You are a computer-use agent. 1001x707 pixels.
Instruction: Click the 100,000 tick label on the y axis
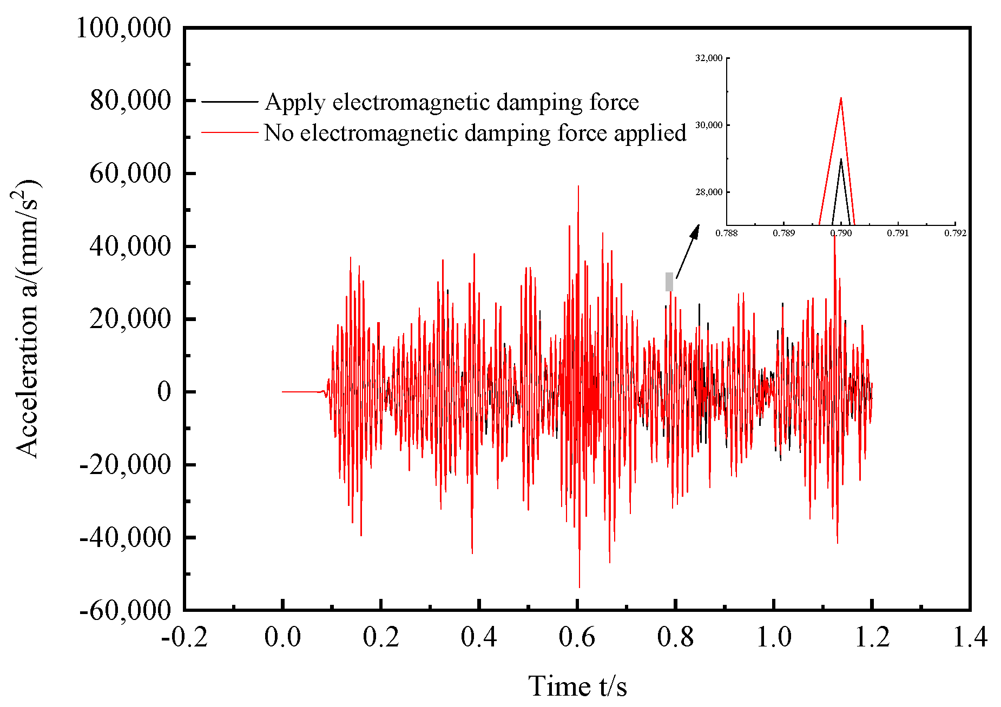pos(123,28)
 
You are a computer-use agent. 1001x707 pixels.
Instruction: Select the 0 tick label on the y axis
pos(164,392)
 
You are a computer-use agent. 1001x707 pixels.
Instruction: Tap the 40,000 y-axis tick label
pos(130,246)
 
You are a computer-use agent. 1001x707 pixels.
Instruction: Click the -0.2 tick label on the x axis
pos(185,637)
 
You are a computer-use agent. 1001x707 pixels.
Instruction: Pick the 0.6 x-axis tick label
pos(577,637)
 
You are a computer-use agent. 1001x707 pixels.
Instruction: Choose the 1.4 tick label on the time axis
pos(970,637)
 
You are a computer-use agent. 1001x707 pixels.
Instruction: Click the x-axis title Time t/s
pos(577,686)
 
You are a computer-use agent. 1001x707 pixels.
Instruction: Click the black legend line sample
pos(229,102)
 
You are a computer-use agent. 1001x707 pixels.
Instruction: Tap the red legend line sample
pos(229,132)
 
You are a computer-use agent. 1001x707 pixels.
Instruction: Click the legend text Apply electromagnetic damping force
pos(452,102)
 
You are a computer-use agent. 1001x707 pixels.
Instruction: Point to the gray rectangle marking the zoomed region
pos(669,282)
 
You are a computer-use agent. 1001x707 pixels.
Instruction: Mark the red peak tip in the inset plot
pos(841,98)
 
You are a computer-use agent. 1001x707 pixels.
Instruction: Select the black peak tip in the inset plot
pos(841,159)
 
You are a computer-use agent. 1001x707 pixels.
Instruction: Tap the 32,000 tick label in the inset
pos(709,58)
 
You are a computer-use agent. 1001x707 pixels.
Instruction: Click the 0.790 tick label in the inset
pos(841,234)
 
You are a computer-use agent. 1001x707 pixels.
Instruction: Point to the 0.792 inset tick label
pos(955,234)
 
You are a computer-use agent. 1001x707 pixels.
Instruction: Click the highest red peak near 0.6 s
pos(578,187)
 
